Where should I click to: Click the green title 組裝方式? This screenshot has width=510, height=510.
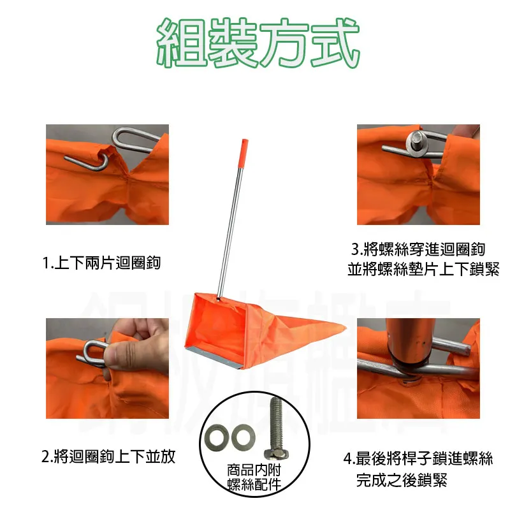(x=255, y=43)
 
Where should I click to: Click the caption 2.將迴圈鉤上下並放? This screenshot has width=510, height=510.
(x=108, y=456)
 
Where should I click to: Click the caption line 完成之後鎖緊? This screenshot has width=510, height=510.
(x=401, y=479)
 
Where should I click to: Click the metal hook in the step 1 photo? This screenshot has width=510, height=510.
(x=124, y=143)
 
